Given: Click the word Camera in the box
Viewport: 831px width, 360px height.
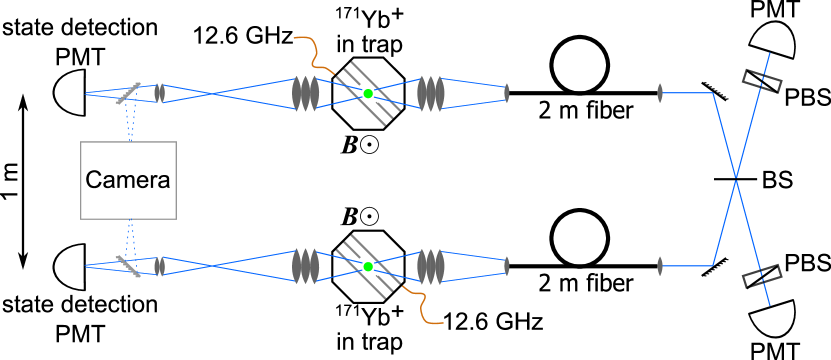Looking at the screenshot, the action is [128, 181].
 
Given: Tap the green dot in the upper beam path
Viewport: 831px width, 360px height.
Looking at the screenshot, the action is [368, 94].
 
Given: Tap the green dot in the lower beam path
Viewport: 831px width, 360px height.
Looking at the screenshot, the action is [368, 267].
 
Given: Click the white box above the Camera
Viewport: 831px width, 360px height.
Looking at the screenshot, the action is [101, 93].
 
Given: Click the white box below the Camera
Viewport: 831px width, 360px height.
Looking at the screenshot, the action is [101, 266].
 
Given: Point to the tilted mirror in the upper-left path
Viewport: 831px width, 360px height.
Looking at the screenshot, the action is [129, 93].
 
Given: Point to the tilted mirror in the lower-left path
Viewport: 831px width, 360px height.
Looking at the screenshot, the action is [129, 265].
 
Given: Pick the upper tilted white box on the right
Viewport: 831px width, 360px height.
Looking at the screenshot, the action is [767, 67].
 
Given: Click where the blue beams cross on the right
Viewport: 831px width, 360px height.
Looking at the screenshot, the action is [736, 180].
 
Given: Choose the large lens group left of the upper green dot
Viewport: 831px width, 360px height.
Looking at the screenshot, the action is [305, 93].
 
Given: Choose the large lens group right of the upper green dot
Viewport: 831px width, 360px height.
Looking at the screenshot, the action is [431, 93].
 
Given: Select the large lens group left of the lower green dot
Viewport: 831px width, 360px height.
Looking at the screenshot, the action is [305, 266].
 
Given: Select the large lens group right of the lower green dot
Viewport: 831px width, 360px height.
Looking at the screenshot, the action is [431, 266].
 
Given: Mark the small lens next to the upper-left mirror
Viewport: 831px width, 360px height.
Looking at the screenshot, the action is [159, 93].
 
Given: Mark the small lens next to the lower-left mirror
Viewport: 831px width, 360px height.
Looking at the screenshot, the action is [159, 266].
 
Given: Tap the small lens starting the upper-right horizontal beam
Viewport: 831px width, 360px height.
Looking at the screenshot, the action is [660, 93].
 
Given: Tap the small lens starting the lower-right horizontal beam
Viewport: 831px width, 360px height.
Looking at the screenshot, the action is [660, 266].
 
